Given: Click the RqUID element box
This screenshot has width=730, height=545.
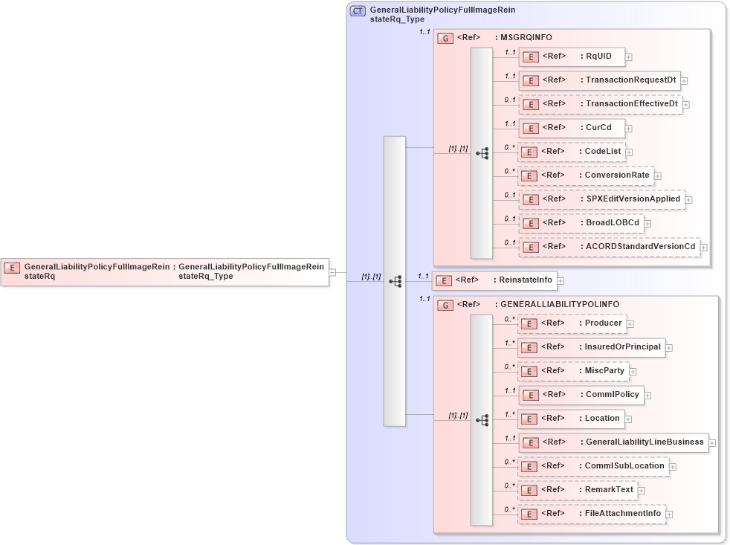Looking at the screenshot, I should point(572,56).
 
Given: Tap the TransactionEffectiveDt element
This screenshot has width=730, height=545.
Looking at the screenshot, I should point(600,103).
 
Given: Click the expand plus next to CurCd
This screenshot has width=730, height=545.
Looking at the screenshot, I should point(628,128).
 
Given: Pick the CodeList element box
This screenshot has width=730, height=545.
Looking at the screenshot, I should point(572,151).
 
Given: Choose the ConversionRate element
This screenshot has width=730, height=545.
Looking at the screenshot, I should point(586,175).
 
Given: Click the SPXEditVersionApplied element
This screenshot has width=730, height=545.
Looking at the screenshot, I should point(601,199).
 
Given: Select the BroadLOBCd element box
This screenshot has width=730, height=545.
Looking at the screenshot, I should point(581,222).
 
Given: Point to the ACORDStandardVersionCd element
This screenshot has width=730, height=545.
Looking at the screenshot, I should point(609,246).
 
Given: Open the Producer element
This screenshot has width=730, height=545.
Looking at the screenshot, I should point(572,323).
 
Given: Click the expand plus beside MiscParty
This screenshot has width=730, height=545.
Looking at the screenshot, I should point(633,371).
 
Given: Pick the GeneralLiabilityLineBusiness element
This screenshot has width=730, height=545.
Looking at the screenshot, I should point(613,442).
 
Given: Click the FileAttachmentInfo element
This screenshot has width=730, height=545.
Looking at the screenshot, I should point(592,513).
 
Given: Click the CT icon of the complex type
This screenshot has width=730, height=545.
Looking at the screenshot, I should point(358,10).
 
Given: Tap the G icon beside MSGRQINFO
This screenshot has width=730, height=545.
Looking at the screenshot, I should point(445,37).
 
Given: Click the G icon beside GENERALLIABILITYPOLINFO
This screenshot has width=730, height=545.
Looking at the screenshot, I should point(445,305).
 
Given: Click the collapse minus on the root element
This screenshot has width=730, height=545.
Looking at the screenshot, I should point(332,272).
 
